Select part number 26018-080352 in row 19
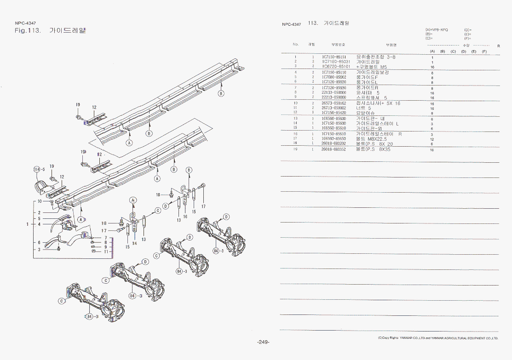tap(334, 149)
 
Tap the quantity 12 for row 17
tap(432, 139)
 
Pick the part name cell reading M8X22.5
tap(371, 139)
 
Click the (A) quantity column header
tap(432, 51)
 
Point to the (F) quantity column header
tap(484, 51)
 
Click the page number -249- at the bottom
tap(263, 342)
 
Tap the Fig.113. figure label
tap(28, 31)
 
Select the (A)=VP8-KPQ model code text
tap(437, 30)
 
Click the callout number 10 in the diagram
tap(40, 201)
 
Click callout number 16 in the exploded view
tap(185, 216)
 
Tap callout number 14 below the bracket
tap(135, 243)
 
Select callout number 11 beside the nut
tap(106, 251)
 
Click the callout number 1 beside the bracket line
tap(28, 224)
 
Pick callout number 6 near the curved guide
tap(39, 242)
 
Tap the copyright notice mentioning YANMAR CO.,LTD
tap(437, 338)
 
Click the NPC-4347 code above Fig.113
tap(25, 23)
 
